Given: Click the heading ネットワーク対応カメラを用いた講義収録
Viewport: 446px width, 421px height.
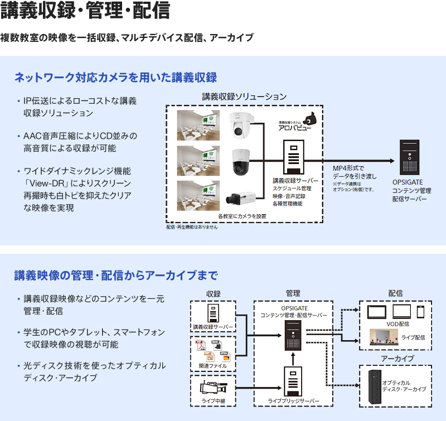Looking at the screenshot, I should coord(115,77).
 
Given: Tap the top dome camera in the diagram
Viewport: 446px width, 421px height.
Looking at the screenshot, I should coord(243,124).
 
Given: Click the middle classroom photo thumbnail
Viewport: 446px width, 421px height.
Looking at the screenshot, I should coord(195,161).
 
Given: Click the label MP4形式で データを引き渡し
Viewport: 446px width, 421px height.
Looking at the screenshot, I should coord(355,172).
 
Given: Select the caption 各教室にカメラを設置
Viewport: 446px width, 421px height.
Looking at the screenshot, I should coord(241,215).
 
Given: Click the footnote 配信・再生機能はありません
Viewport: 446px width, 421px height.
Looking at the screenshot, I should coord(192,227).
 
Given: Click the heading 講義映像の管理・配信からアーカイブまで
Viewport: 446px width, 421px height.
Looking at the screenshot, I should coord(115,275).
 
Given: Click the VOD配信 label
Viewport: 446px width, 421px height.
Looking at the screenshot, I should coord(397,323).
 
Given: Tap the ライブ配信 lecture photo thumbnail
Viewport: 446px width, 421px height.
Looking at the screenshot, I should coord(386,336).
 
